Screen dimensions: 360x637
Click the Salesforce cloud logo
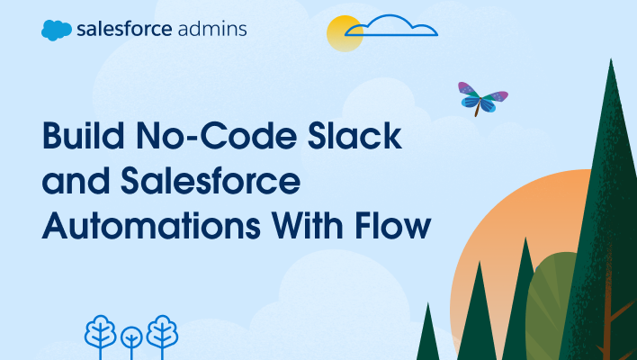tap(56, 30)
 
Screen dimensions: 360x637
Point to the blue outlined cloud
tap(392, 26)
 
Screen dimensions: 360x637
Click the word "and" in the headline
tap(73, 182)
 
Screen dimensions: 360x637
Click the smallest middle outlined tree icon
tap(131, 340)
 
